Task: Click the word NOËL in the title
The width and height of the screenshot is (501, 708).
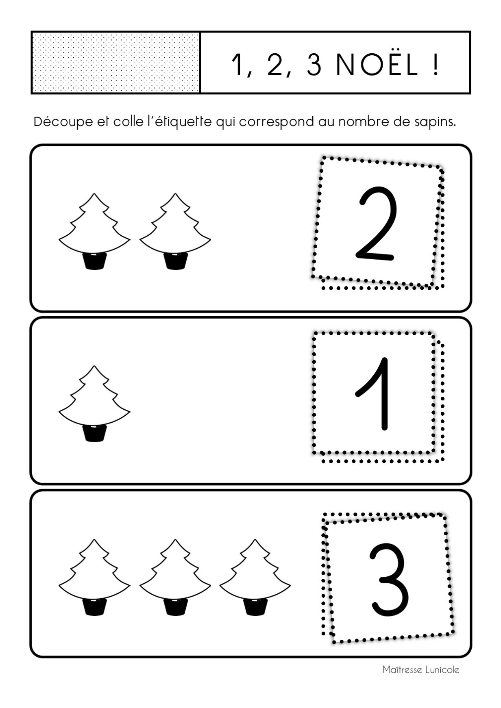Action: [377, 65]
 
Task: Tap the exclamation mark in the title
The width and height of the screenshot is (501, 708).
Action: [436, 65]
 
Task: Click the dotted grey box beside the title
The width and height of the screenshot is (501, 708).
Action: [115, 63]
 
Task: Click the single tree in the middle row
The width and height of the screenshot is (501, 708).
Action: [94, 403]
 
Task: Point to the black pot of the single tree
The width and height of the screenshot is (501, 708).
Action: [94, 433]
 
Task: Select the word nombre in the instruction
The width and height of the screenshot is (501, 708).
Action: [362, 122]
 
